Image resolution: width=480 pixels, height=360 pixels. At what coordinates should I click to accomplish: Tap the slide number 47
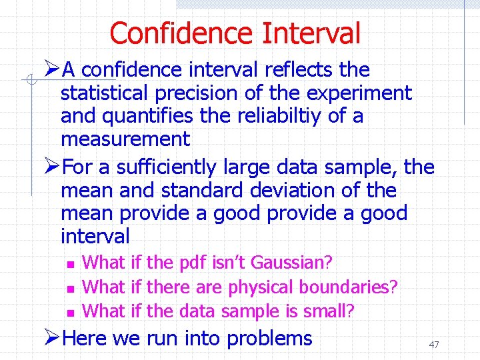(x=434, y=345)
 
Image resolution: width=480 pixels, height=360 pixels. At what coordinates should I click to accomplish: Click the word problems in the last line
(x=269, y=338)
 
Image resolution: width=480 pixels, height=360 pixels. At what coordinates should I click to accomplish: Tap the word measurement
(x=125, y=139)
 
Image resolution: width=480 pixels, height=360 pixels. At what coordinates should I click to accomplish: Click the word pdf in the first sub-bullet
(x=194, y=263)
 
